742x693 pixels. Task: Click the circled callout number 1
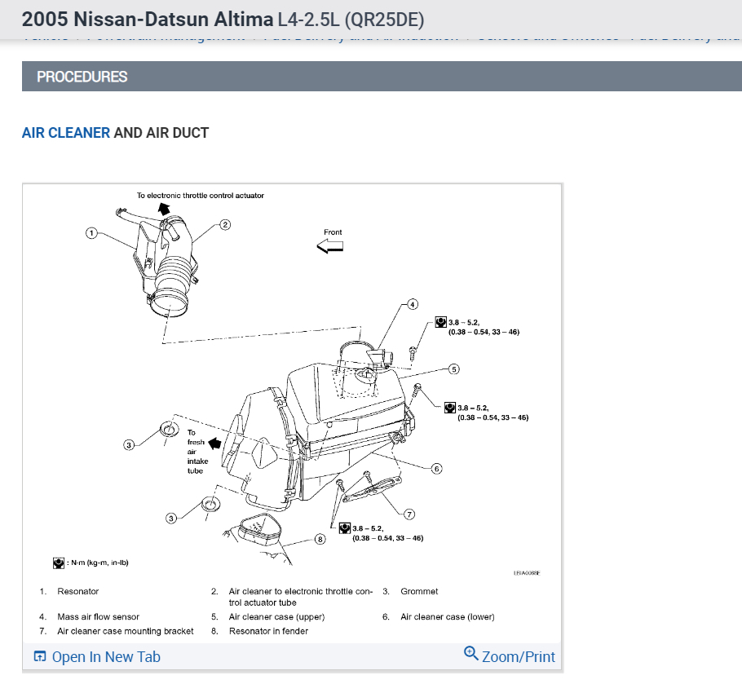tap(92, 233)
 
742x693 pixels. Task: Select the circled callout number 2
tap(226, 224)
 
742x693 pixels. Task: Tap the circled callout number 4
tap(412, 304)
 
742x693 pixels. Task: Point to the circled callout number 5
tap(454, 369)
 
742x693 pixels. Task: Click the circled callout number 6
tap(437, 469)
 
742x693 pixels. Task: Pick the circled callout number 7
tap(409, 514)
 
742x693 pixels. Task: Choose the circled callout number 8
tap(320, 539)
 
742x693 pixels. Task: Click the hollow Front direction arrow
tap(330, 246)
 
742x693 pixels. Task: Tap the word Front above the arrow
tap(333, 232)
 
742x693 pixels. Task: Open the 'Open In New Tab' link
tap(97, 657)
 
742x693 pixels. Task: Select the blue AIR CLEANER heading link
tap(66, 133)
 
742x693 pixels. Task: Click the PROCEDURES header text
tap(82, 77)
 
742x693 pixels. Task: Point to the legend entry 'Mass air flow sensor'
tap(99, 617)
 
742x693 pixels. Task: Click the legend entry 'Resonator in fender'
tap(268, 631)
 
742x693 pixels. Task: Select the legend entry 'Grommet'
tap(419, 591)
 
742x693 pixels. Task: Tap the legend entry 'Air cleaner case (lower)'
tap(447, 617)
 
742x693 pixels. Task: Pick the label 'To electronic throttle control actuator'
tap(200, 196)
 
